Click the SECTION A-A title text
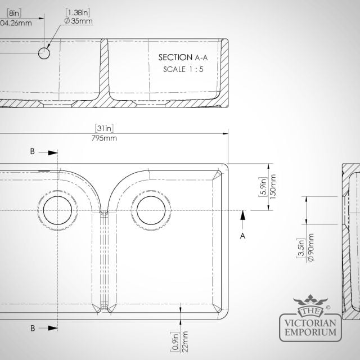click(x=183, y=57)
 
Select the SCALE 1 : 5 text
click(x=183, y=69)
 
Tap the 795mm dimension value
click(x=104, y=138)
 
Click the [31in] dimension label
click(x=104, y=128)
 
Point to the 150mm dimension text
click(x=272, y=187)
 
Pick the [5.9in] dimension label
click(x=263, y=187)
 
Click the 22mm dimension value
click(x=184, y=341)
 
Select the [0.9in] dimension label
click(x=175, y=341)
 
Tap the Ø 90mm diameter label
click(x=311, y=247)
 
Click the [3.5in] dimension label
click(x=301, y=248)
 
